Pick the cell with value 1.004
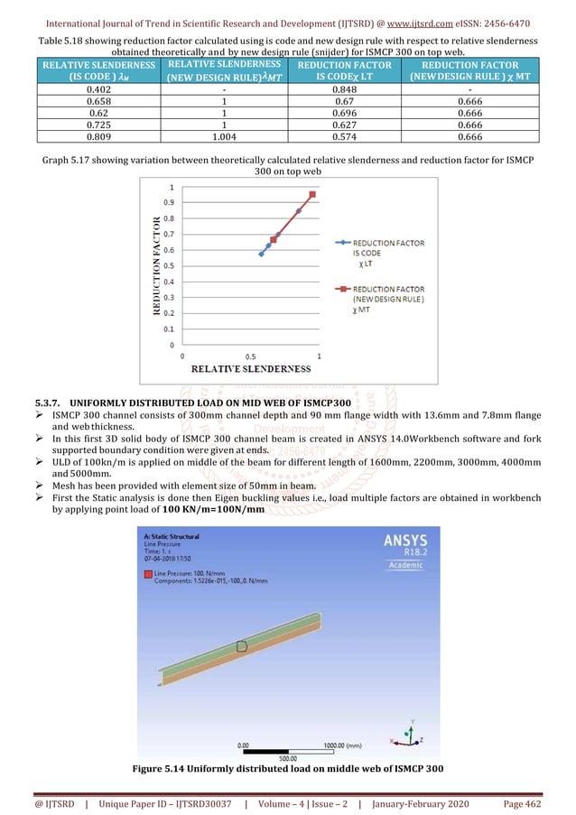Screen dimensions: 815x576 point(222,136)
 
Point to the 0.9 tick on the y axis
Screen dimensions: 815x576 point(169,202)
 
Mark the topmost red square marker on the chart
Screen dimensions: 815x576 point(312,194)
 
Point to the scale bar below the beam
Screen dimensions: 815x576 point(288,749)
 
